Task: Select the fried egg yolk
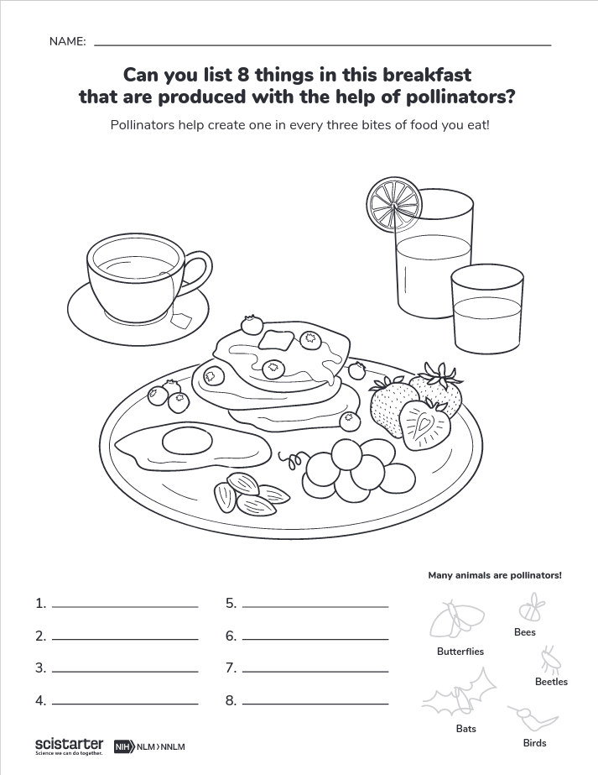pos(179,439)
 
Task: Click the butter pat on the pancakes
pos(273,339)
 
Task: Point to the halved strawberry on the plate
pos(425,422)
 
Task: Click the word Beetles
pos(551,682)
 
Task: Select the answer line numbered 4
pos(125,700)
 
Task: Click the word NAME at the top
pos(67,41)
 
